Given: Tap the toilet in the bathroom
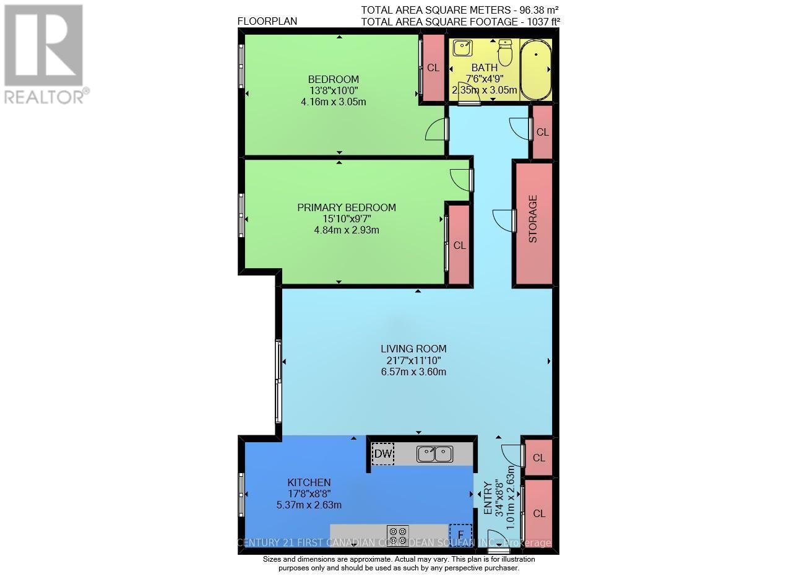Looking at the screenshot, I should [x=506, y=53].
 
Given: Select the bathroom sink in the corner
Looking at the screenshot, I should [x=461, y=48].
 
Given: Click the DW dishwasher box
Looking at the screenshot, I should [x=383, y=455].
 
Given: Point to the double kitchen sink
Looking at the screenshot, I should [x=434, y=454].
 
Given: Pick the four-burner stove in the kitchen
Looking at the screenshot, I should [x=397, y=533].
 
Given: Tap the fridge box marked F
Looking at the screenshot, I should [x=460, y=534].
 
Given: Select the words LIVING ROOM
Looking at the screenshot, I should [x=413, y=349].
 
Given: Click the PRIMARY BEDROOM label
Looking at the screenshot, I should [x=347, y=207].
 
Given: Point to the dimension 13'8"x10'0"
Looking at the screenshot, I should [x=334, y=90].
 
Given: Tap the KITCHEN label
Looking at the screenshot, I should [x=309, y=482].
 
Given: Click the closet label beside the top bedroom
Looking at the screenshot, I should [x=433, y=68].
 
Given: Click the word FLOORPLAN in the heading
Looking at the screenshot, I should [x=267, y=21].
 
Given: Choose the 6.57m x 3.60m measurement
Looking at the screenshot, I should [x=413, y=372].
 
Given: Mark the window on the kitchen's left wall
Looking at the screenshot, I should [x=241, y=494].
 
